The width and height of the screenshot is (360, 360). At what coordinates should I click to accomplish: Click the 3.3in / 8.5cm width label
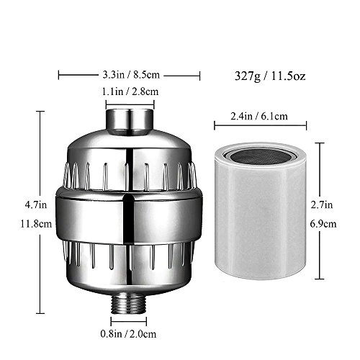click(x=131, y=75)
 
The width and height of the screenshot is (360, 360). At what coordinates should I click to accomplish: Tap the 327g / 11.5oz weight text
click(x=270, y=76)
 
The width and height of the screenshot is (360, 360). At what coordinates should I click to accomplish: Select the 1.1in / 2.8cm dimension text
click(x=130, y=91)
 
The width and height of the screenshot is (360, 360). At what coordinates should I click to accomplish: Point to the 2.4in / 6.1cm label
click(x=259, y=116)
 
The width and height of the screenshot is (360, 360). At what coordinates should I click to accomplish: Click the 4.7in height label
click(x=36, y=205)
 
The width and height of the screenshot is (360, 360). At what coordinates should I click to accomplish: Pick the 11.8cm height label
click(x=36, y=224)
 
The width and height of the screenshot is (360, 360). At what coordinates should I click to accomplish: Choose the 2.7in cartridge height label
click(x=322, y=205)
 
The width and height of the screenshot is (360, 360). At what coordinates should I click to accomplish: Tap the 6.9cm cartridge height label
click(x=323, y=224)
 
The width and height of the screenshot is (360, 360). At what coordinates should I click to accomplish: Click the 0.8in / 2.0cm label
click(x=128, y=334)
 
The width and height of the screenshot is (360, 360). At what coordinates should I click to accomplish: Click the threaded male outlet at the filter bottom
click(x=128, y=303)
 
